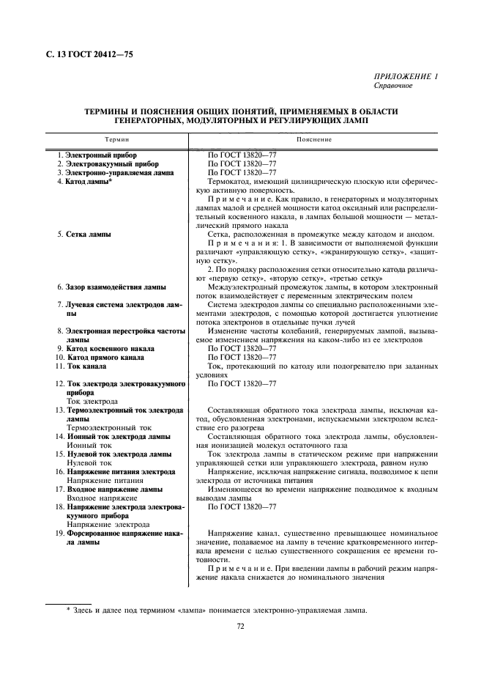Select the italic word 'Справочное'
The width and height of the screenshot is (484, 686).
[x=394, y=86]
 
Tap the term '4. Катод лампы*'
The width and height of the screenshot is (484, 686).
[x=85, y=181]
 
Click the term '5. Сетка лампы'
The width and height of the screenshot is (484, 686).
[x=84, y=234]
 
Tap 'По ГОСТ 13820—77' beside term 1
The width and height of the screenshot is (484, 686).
[x=242, y=155]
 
